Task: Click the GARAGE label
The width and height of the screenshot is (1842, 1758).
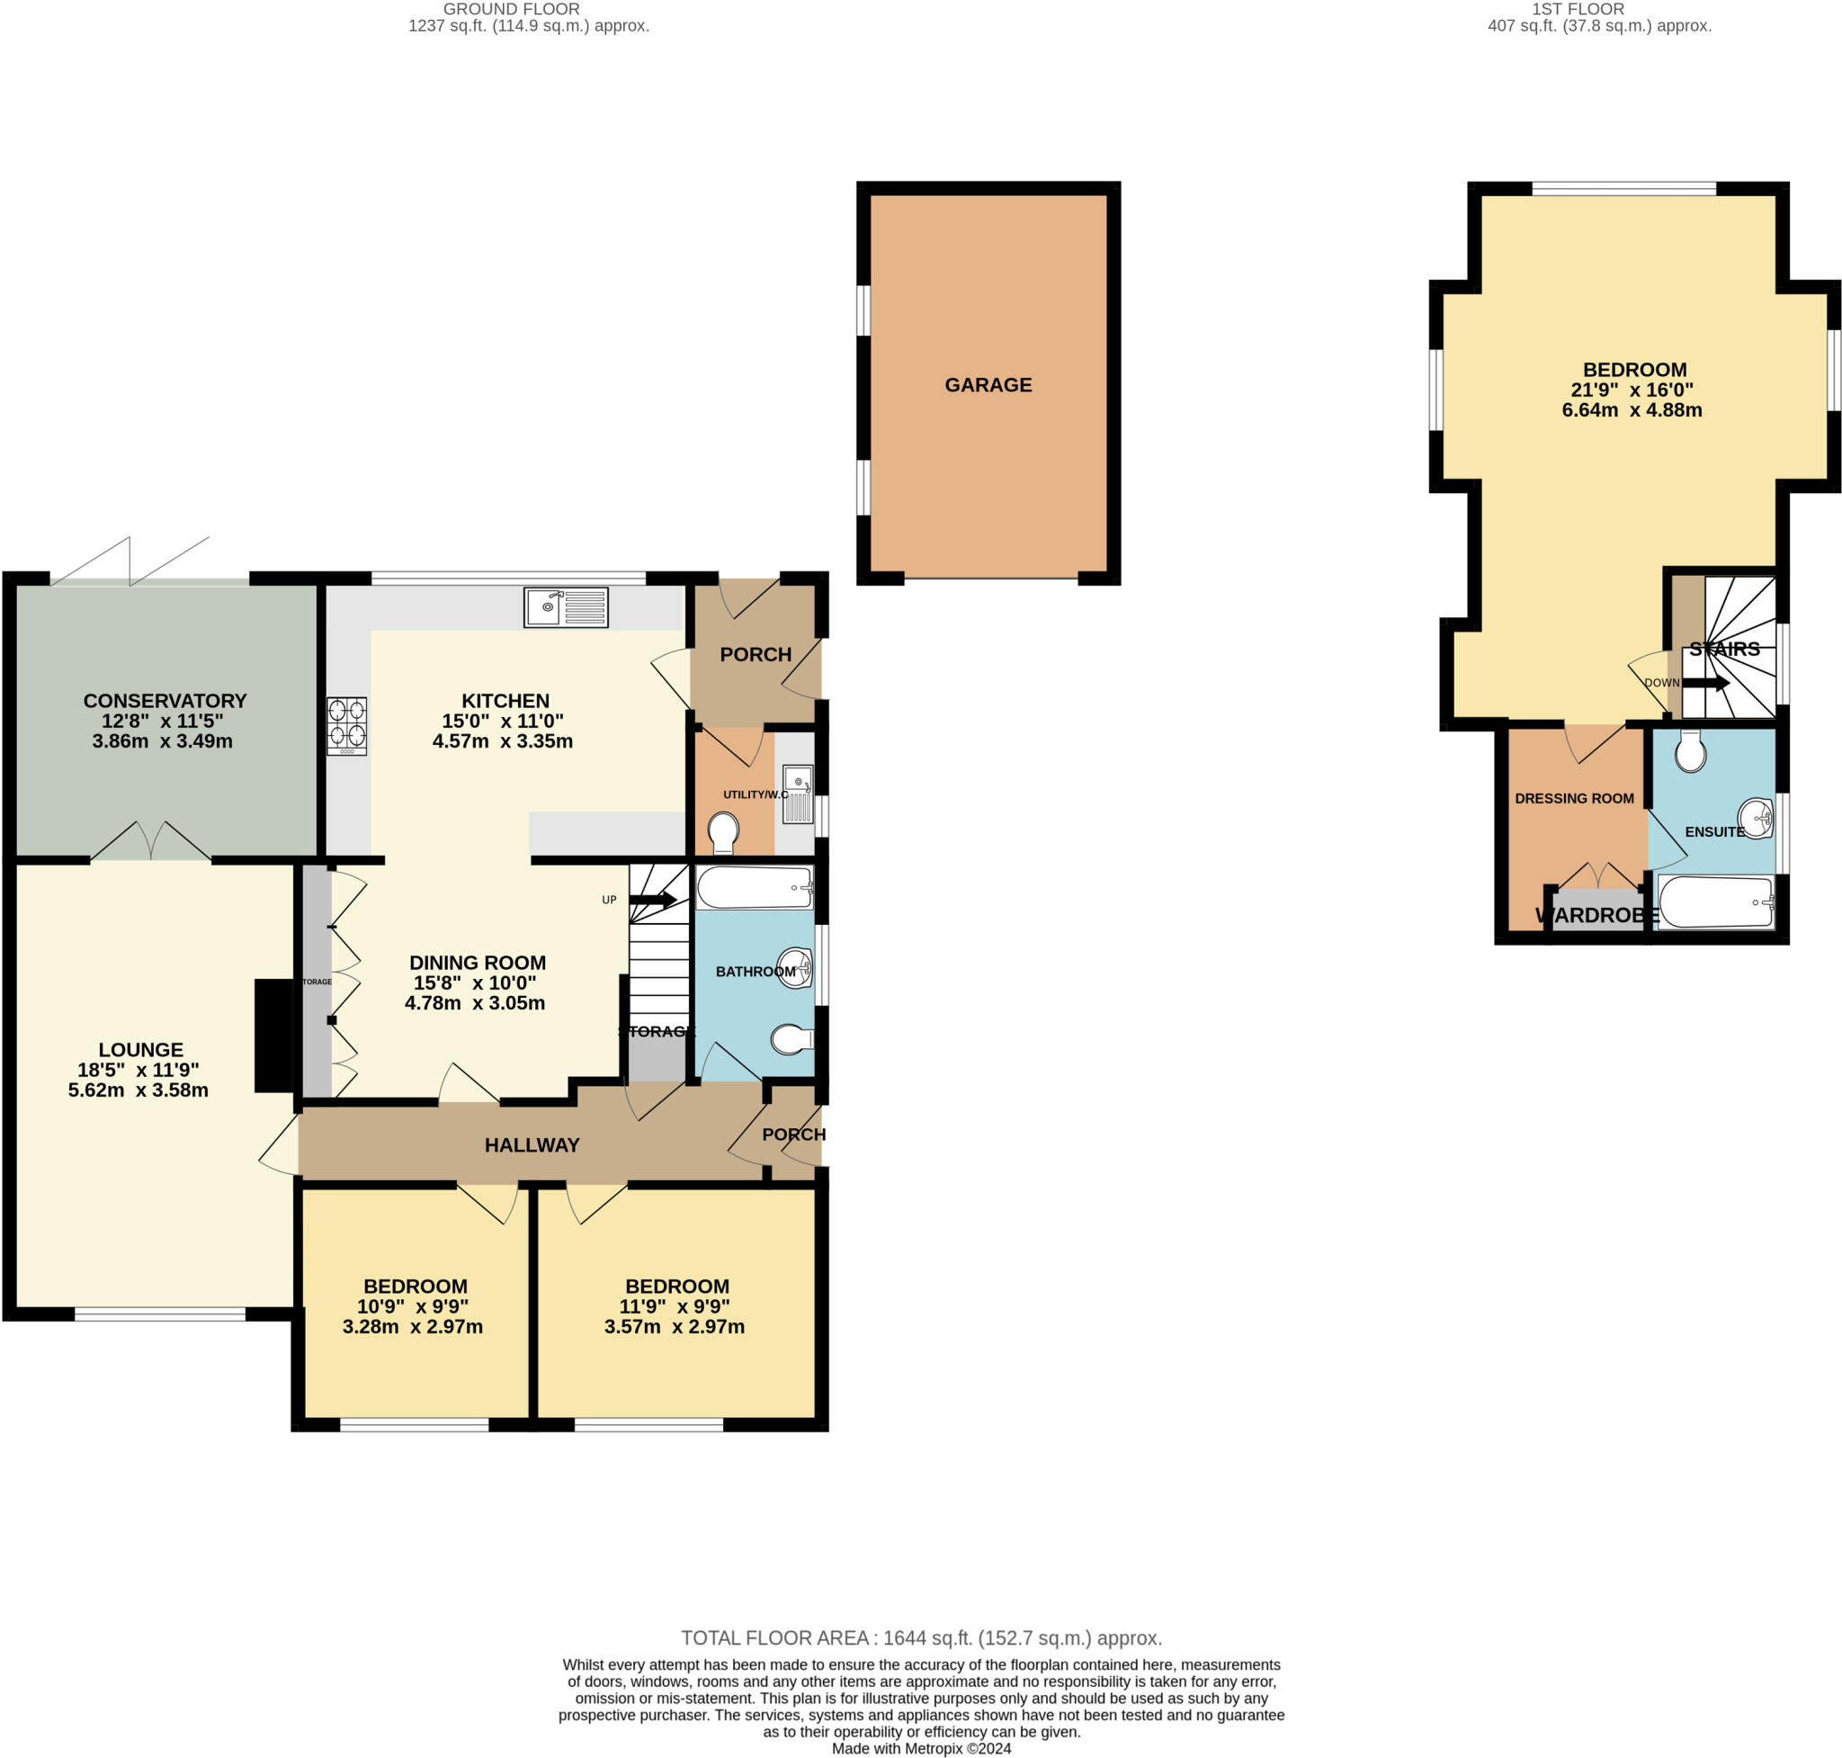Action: (x=988, y=385)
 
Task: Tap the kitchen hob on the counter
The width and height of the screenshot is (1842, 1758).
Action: (x=345, y=725)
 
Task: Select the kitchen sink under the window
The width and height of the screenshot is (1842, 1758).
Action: (x=566, y=607)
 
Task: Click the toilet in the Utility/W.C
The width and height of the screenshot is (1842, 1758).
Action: (x=722, y=831)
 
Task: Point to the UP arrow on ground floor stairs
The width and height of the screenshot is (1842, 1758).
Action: (x=653, y=901)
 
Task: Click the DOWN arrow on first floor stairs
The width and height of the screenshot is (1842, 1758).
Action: (x=1704, y=683)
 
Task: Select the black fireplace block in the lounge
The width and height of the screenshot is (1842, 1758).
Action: (x=273, y=1036)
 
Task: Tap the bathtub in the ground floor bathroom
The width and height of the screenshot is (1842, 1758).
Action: (x=755, y=887)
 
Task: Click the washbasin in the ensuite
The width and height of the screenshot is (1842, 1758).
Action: (x=1755, y=819)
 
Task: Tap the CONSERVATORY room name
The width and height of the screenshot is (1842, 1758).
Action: (x=165, y=701)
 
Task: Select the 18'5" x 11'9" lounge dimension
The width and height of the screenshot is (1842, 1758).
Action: (x=139, y=1070)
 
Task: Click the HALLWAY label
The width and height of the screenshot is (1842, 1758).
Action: (x=532, y=1145)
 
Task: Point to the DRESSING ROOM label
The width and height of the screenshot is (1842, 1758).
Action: (x=1574, y=798)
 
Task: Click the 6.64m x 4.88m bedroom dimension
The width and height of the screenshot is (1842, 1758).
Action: (x=1632, y=410)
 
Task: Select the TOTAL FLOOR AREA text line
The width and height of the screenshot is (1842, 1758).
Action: (x=920, y=1638)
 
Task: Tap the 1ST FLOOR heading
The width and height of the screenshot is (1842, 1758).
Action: (x=1598, y=9)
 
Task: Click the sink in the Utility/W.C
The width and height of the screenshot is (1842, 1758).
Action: (x=797, y=794)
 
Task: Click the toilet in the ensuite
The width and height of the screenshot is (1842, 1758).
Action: (x=1689, y=751)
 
